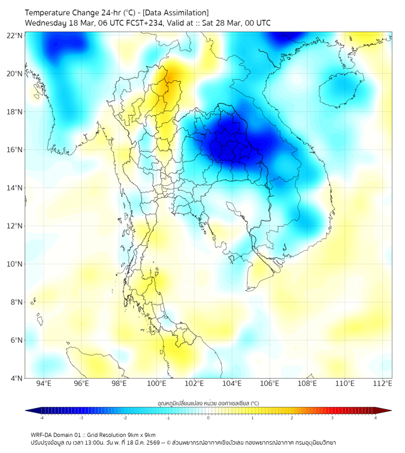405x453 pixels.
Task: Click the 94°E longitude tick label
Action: tap(44, 383)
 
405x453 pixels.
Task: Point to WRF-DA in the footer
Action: tap(43, 435)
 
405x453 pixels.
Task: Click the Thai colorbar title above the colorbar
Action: tap(208, 403)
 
